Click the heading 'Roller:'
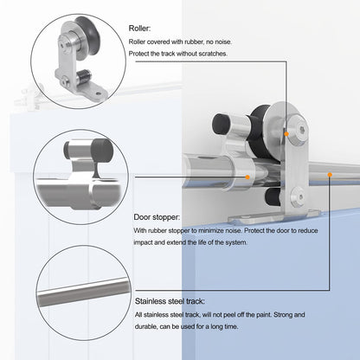(139, 29)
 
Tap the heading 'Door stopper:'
(157, 217)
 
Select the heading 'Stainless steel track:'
(170, 301)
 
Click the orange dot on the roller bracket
(286, 134)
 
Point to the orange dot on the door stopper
(247, 177)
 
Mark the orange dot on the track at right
(330, 175)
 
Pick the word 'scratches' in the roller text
(213, 54)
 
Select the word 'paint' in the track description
(264, 315)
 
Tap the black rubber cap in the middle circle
(102, 151)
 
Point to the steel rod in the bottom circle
(83, 292)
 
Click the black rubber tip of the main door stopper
(221, 124)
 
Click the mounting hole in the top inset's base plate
(99, 93)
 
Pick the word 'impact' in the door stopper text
(143, 242)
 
